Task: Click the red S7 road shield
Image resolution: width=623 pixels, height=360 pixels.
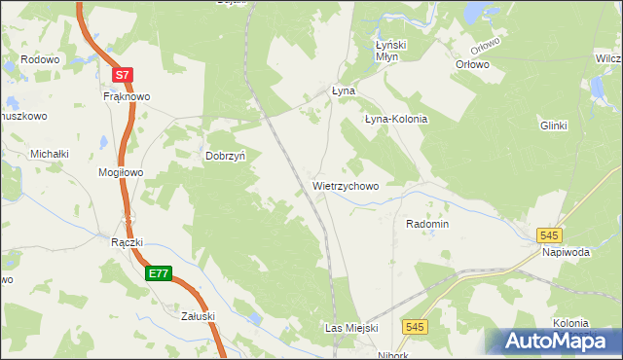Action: tap(121, 74)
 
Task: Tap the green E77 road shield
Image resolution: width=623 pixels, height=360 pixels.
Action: tap(159, 274)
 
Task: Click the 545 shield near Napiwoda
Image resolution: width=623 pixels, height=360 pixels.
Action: tap(550, 235)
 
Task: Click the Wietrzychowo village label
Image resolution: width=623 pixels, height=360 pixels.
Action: tap(346, 184)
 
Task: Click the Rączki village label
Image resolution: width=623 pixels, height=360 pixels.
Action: tap(128, 242)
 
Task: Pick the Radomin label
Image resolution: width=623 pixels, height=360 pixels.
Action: tap(427, 224)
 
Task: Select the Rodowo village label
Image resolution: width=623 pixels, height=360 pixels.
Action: tap(40, 59)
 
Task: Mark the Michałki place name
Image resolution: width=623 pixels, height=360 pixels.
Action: tap(50, 154)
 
